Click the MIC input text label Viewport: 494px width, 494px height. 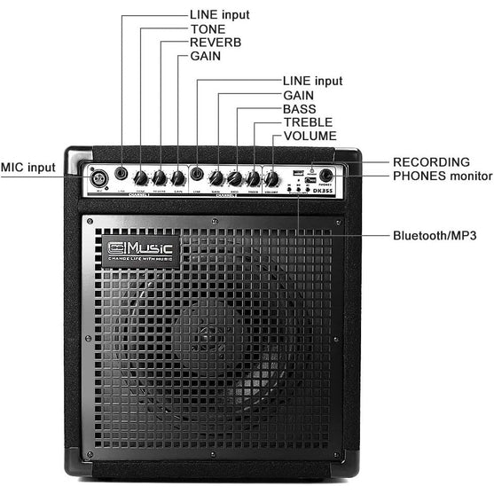click(27, 167)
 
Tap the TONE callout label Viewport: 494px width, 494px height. click(208, 28)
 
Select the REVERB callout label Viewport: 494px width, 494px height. click(216, 42)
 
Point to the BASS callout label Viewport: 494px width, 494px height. click(299, 109)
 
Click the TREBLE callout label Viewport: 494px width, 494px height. click(306, 122)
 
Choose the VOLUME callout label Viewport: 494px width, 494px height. click(310, 136)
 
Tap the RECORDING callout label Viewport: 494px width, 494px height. click(431, 162)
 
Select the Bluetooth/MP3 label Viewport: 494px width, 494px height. click(435, 236)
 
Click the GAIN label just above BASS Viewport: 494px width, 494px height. click(297, 95)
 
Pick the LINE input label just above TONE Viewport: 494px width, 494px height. click(219, 15)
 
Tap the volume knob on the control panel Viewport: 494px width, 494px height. click(271, 179)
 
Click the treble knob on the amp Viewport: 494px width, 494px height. click(253, 178)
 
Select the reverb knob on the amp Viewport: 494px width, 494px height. click(160, 177)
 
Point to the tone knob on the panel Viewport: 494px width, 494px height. click(140, 177)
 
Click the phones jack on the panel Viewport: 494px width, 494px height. click(327, 176)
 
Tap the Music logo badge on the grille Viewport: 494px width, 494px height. click(141, 250)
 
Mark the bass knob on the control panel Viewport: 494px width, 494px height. click(234, 178)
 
